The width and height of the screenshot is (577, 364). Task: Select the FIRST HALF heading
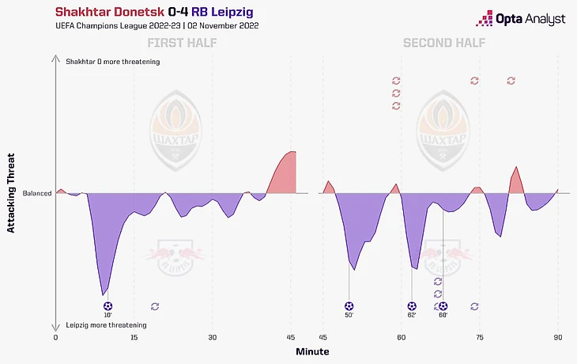click(181, 43)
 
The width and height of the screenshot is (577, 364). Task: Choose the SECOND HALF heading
click(444, 43)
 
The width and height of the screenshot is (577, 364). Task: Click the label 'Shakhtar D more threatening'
click(113, 62)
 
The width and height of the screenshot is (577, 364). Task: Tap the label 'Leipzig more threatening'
click(106, 325)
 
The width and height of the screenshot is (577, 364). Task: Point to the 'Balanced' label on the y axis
click(37, 193)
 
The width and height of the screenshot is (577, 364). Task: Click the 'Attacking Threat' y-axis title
click(12, 193)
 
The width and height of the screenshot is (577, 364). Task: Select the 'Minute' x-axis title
click(312, 351)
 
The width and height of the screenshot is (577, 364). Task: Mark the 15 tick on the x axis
click(134, 337)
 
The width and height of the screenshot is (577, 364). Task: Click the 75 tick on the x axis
click(480, 337)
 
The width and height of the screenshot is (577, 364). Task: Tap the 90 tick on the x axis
click(558, 337)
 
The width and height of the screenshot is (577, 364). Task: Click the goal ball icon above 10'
click(107, 305)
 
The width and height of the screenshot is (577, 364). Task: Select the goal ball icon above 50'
click(349, 305)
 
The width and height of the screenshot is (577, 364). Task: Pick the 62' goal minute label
click(412, 316)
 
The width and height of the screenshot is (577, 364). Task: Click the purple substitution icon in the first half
click(155, 305)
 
